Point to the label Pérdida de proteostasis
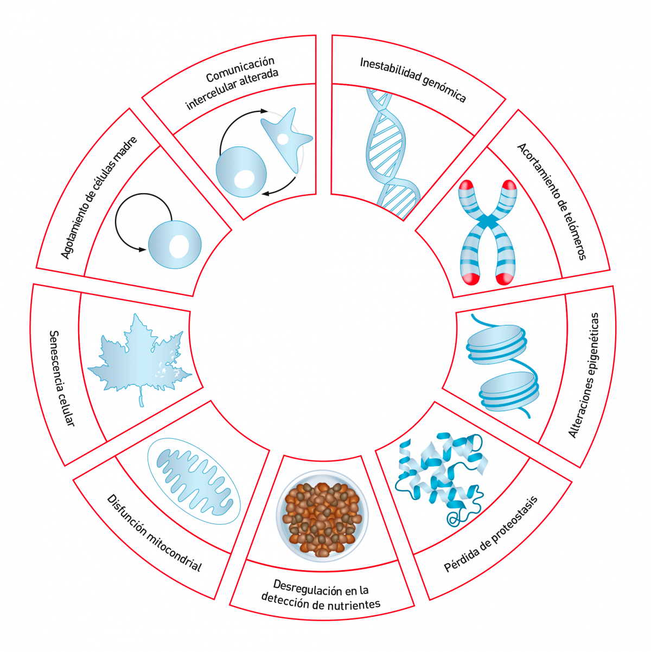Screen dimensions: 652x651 491,534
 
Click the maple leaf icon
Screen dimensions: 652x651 139,355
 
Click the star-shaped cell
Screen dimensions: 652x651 285,139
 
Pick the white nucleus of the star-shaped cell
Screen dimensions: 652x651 283,139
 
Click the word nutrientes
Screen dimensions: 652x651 353,604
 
